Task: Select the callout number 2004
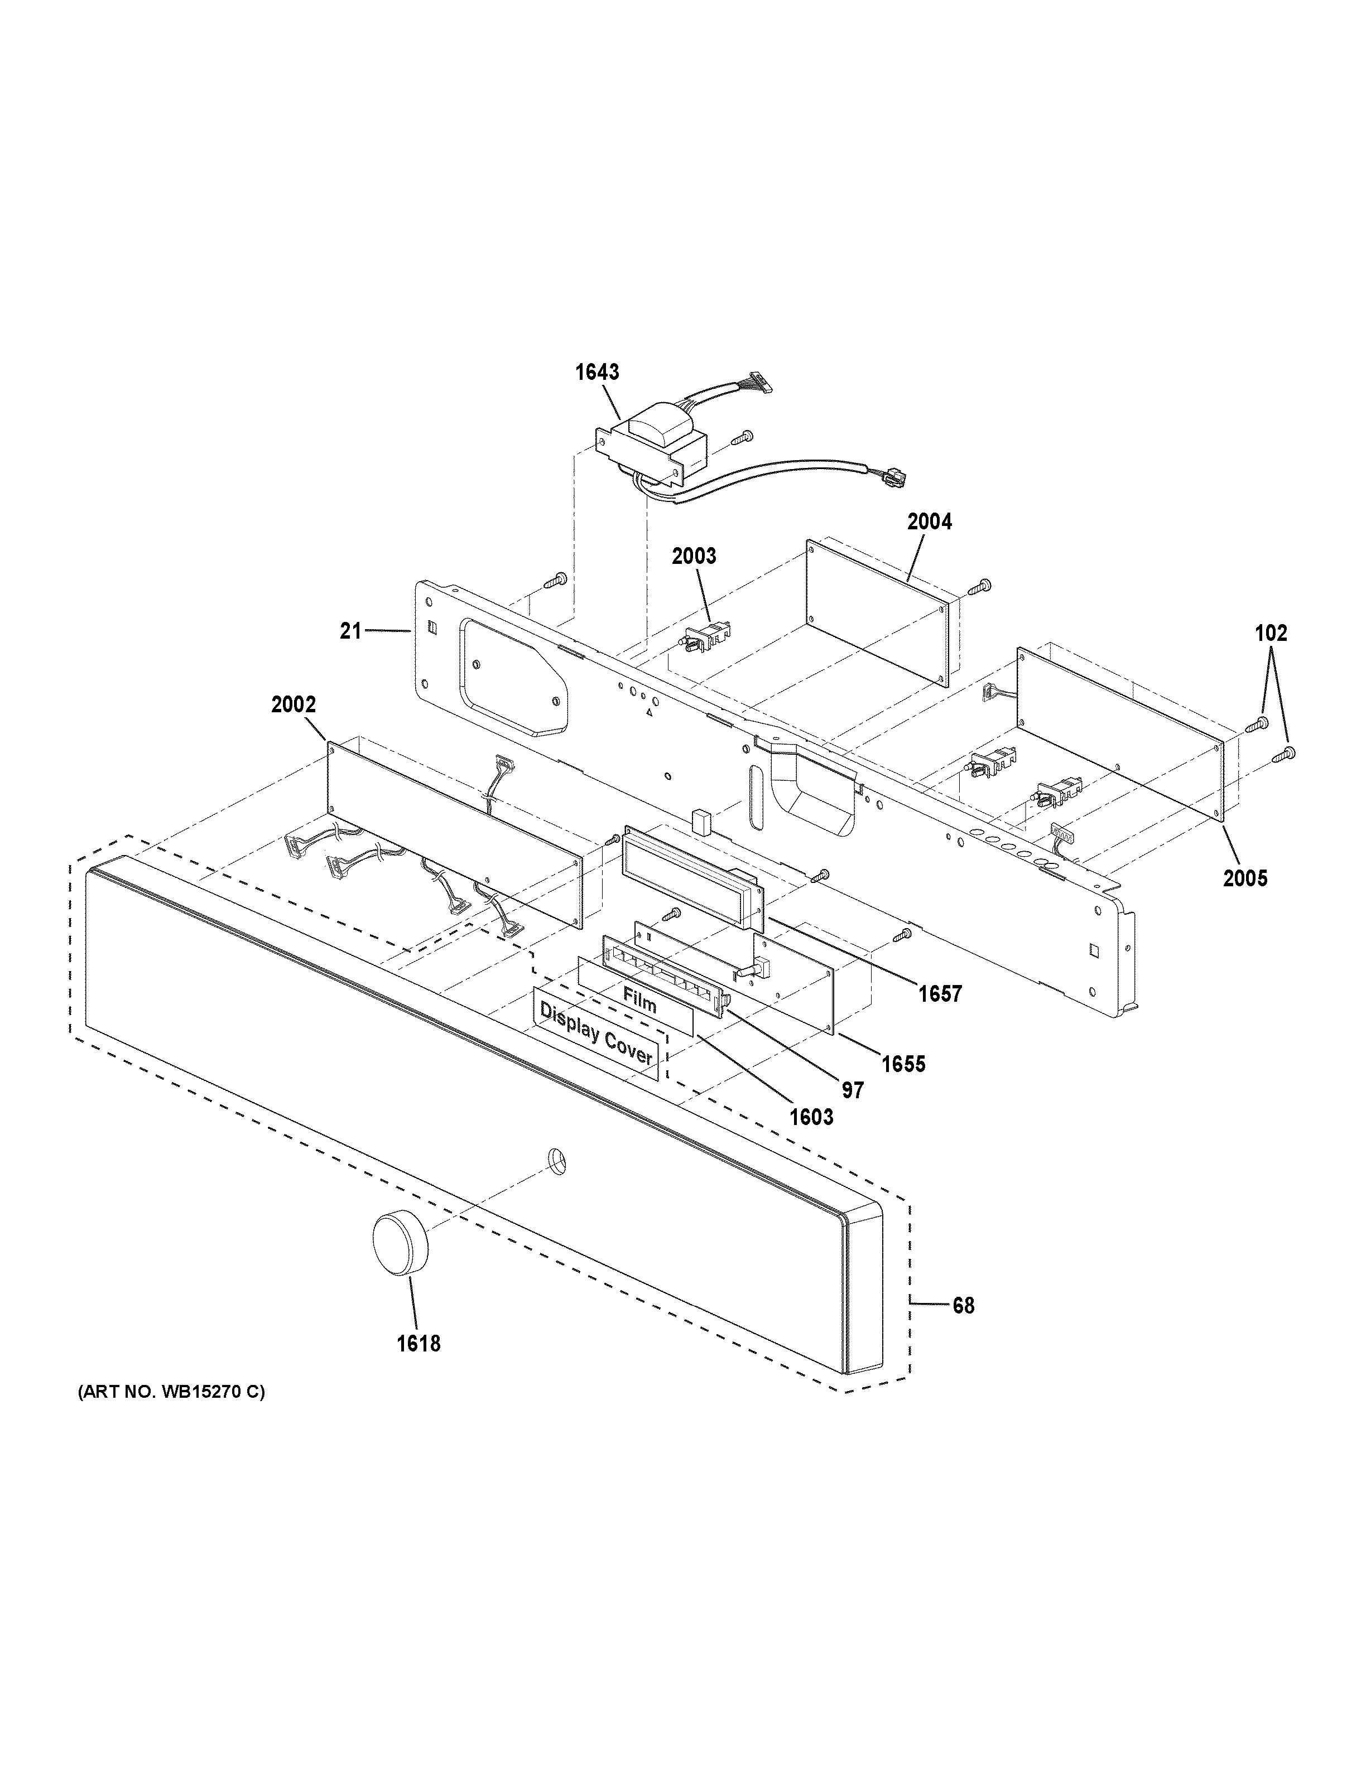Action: tap(929, 522)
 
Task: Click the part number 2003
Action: tap(694, 556)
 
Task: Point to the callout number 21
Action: tap(350, 630)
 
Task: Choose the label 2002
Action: tap(293, 704)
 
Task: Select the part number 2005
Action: tap(1244, 878)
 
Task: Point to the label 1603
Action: tap(811, 1117)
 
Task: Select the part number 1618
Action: tap(419, 1344)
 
